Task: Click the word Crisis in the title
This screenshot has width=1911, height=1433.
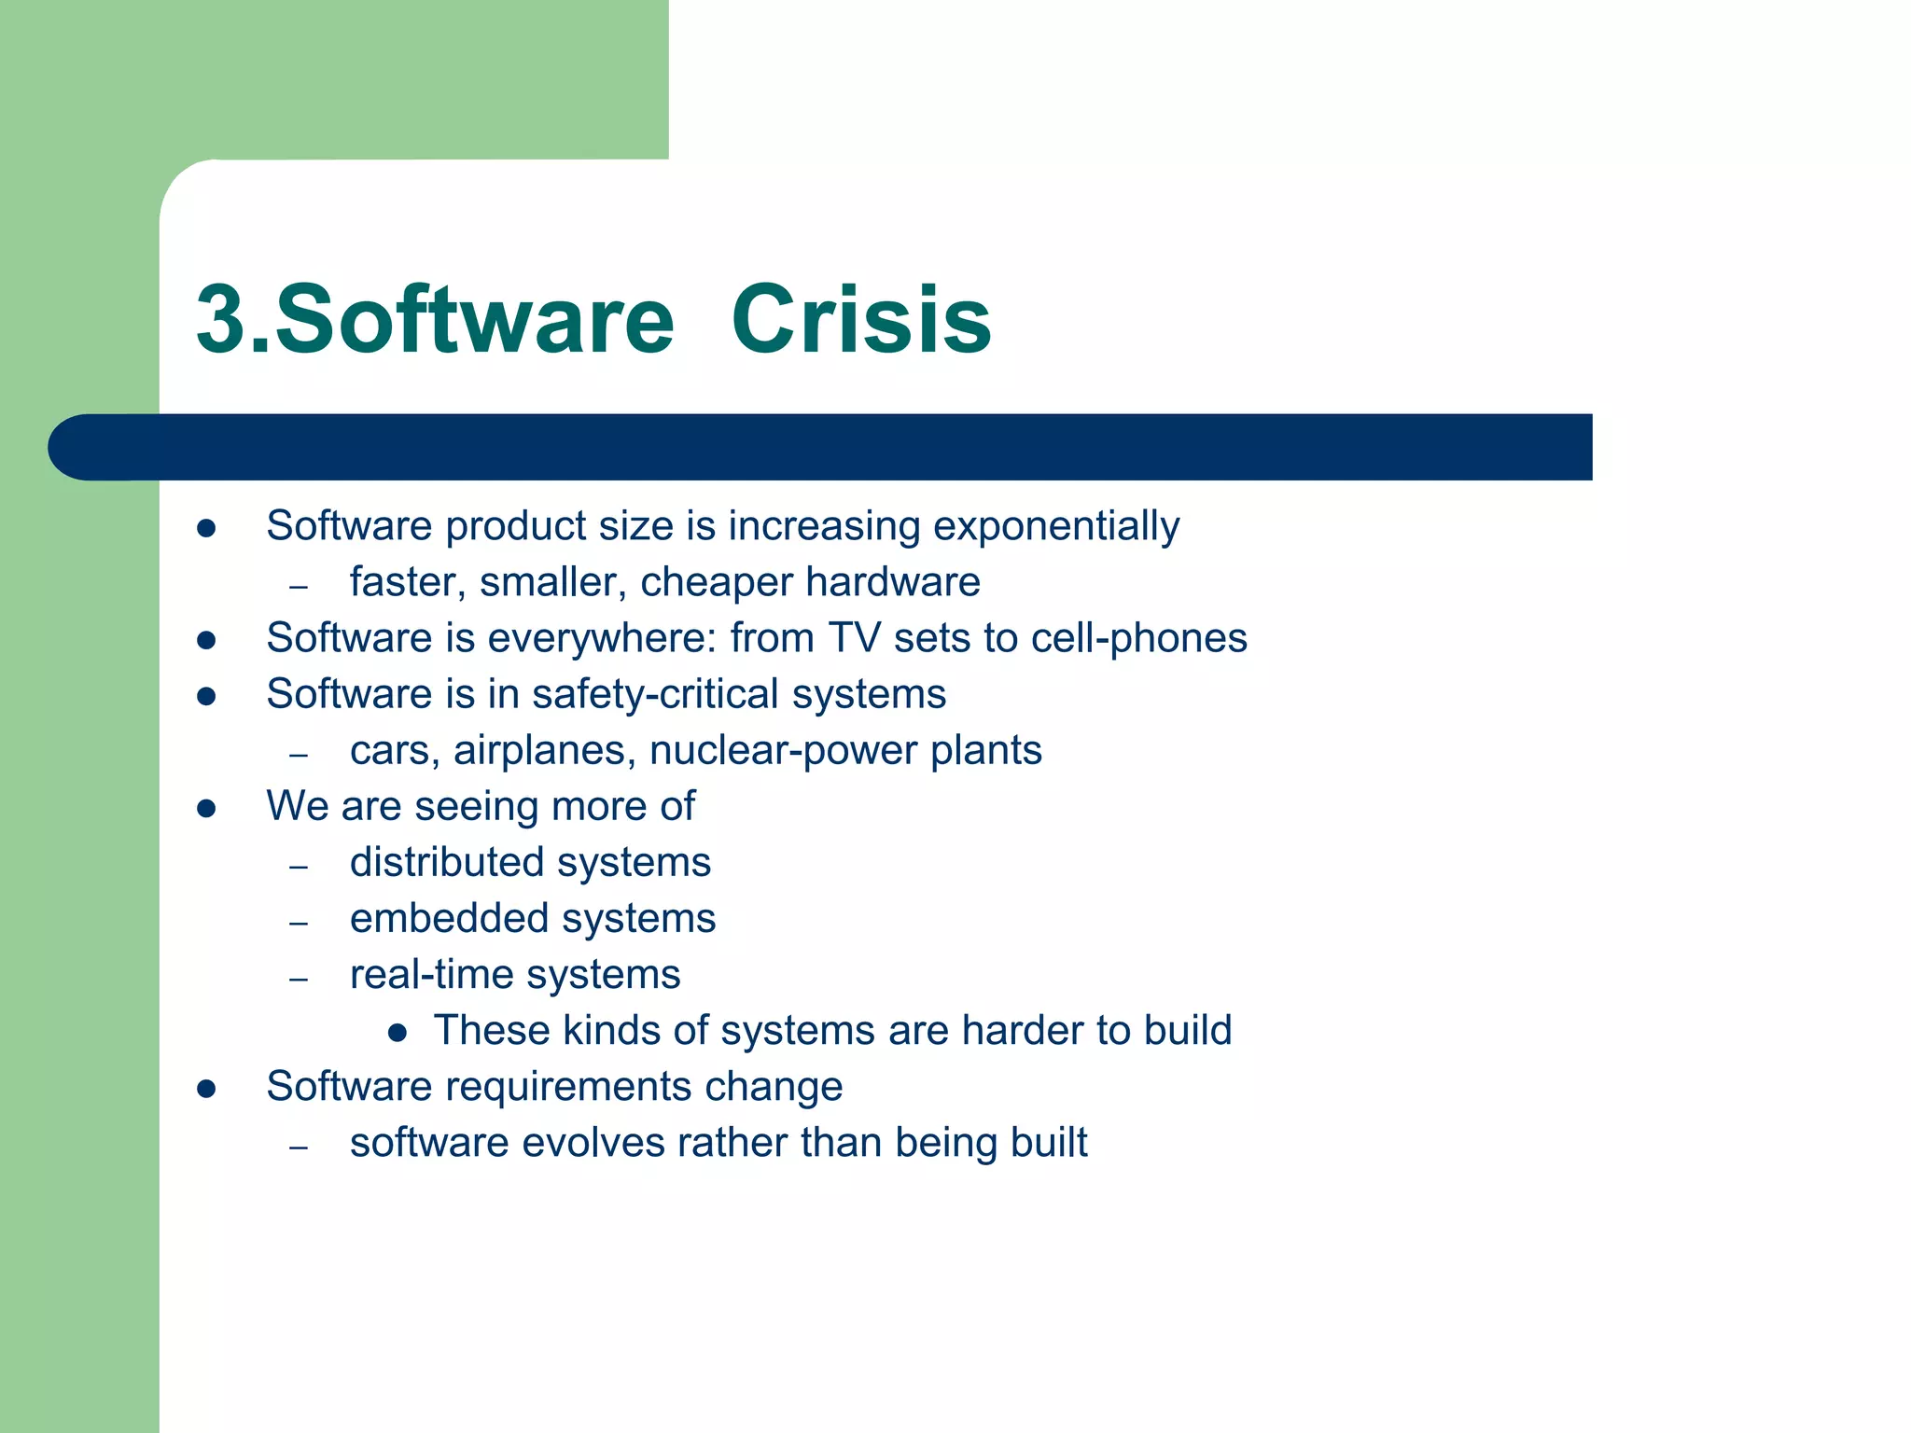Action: pos(860,320)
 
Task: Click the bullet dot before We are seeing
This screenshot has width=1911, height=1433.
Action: pos(207,808)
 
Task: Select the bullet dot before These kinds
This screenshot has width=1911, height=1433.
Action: pos(398,1032)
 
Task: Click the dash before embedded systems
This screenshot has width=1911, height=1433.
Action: pos(299,923)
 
